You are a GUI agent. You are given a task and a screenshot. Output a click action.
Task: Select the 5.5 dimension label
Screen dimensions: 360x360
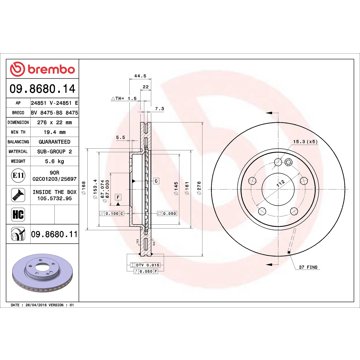tap(119, 137)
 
